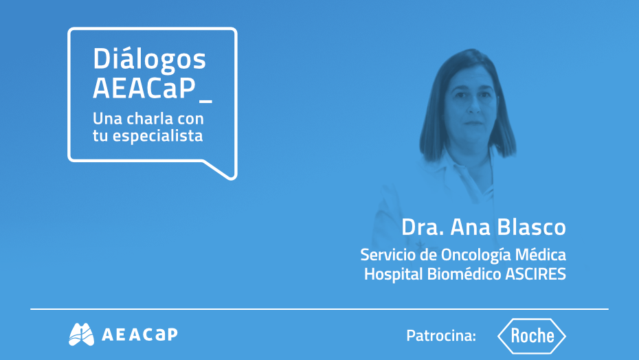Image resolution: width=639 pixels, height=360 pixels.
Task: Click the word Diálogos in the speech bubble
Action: (149, 60)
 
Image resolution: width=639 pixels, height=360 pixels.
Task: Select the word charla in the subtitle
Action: (151, 117)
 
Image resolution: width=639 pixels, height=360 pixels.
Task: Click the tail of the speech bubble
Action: (223, 170)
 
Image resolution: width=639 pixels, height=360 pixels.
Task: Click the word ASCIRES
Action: (535, 274)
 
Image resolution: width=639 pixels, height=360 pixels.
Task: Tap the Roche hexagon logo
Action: (532, 335)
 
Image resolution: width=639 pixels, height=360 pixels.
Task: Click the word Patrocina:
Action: (441, 336)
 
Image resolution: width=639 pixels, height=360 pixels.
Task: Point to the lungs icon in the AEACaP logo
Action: (81, 334)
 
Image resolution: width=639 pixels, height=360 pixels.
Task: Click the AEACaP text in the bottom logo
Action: (139, 334)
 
